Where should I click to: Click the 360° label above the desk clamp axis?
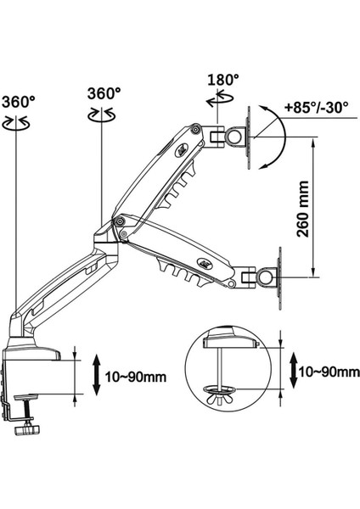18,101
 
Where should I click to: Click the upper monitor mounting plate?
250,133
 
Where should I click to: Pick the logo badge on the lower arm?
203,262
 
